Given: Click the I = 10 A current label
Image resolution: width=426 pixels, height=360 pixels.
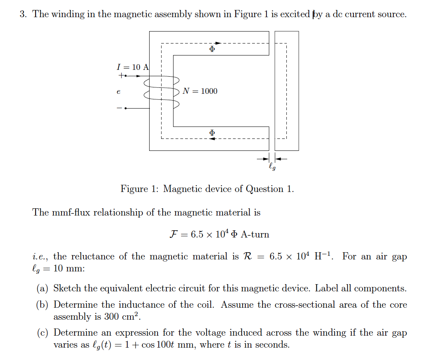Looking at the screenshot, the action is point(132,67).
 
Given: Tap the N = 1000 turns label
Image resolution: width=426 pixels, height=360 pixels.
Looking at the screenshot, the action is point(200,91).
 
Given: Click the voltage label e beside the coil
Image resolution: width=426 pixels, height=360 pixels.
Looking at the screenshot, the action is point(118,92).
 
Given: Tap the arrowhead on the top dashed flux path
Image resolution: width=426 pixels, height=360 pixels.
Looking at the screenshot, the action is point(218,43).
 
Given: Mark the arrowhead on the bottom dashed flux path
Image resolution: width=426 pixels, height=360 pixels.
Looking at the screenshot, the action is point(213,138).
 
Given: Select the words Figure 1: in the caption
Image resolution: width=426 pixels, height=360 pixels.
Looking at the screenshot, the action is point(140,189).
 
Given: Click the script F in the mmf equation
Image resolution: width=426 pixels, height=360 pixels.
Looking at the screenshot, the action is point(174,234).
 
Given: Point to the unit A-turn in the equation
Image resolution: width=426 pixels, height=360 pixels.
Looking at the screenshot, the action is point(255,235).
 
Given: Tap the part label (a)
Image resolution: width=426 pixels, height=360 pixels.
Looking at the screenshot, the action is point(43,289).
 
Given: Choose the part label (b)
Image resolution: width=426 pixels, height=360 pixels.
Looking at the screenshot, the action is point(43,305).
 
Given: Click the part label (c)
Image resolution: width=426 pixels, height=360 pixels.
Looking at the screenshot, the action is point(43,333).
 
